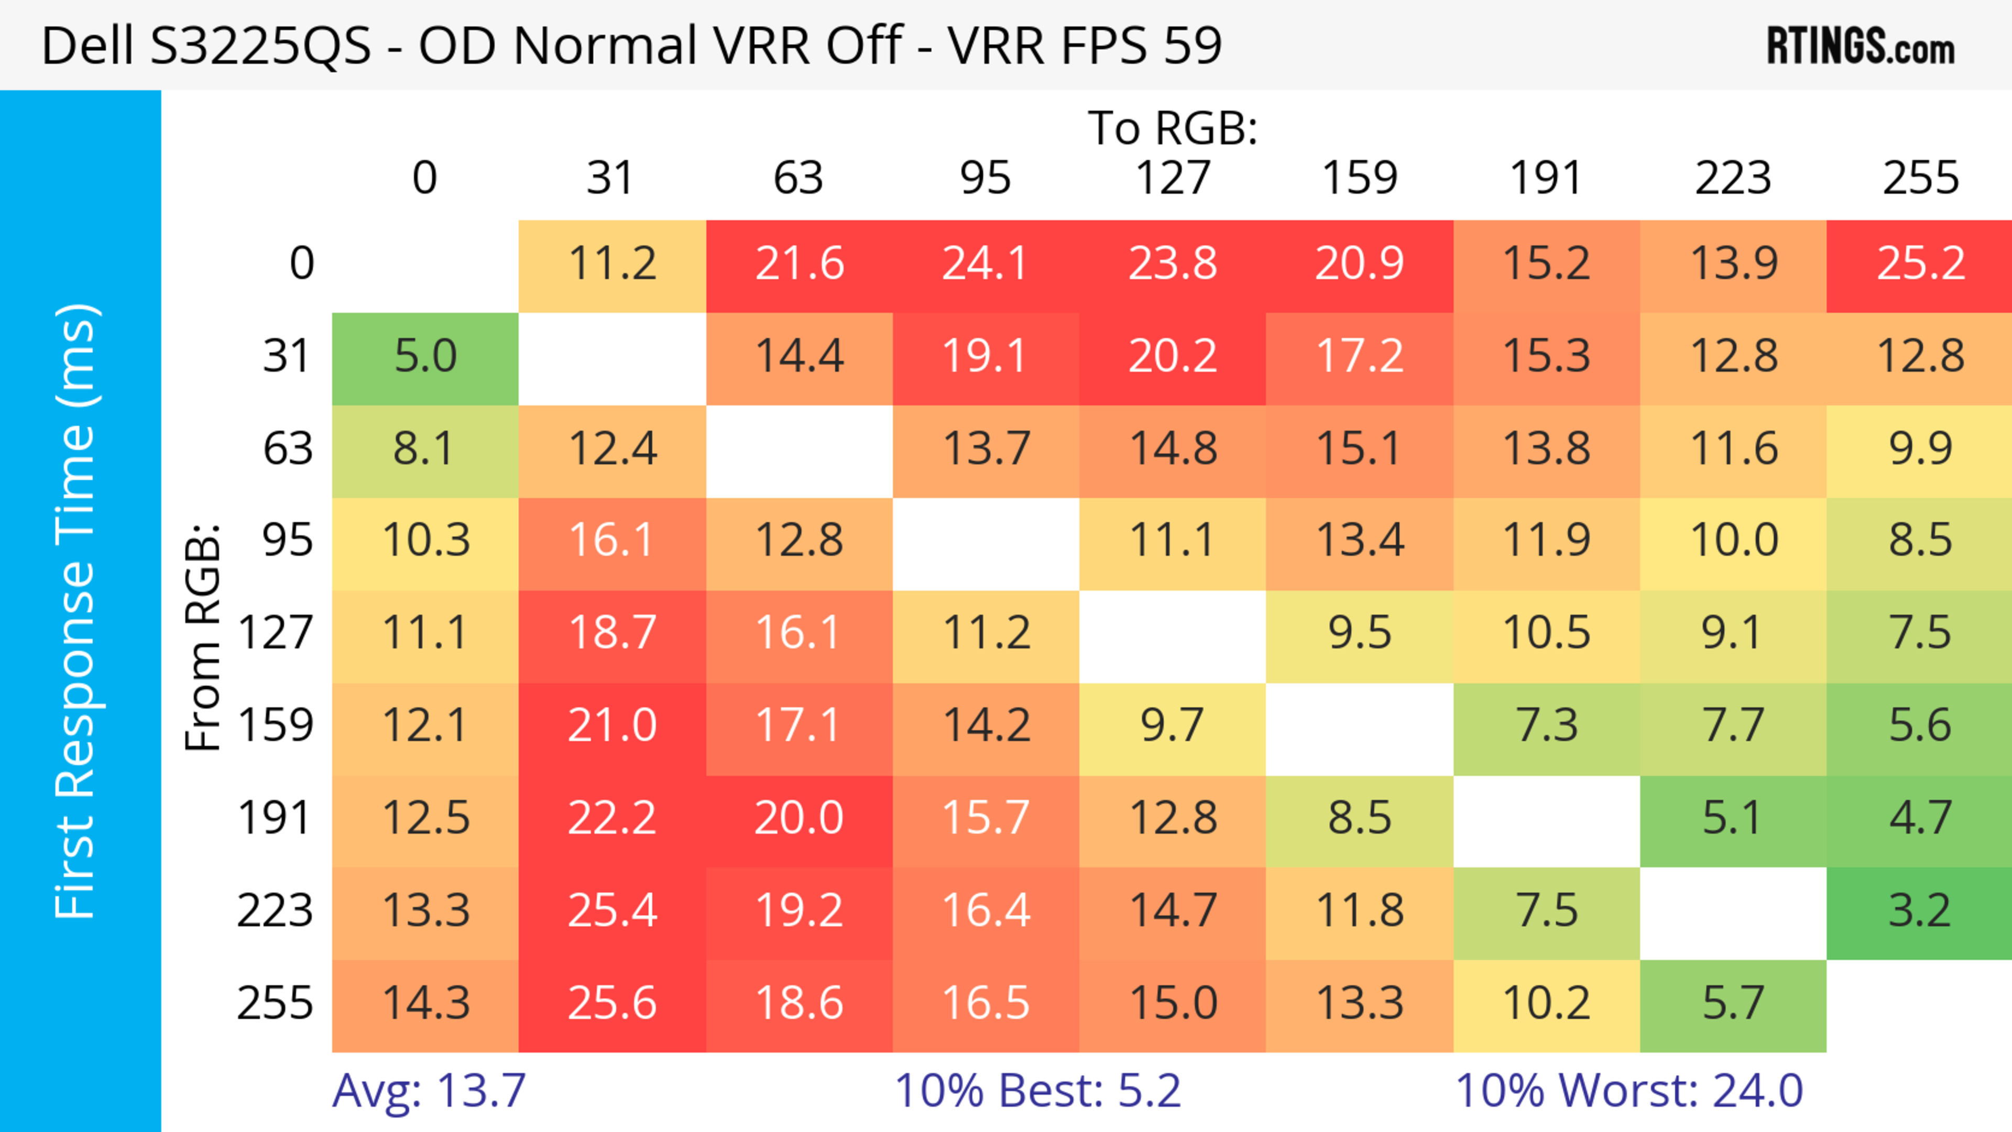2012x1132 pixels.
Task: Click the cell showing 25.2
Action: [x=1920, y=264]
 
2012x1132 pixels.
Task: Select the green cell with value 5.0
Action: [x=425, y=357]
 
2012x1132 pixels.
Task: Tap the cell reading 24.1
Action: [x=986, y=264]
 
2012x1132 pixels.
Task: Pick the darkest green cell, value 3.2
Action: [x=1920, y=911]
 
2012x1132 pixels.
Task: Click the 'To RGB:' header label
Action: [x=1173, y=128]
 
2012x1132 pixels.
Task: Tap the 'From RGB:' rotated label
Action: [x=203, y=636]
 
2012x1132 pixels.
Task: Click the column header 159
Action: [x=1359, y=178]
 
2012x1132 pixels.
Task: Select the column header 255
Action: [x=1920, y=178]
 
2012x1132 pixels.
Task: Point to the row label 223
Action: [x=275, y=911]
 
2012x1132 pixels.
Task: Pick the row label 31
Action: [x=288, y=357]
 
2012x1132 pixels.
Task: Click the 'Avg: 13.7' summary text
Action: [x=429, y=1091]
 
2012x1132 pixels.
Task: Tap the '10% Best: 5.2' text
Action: [x=1037, y=1091]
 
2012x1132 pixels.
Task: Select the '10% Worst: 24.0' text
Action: [x=1630, y=1091]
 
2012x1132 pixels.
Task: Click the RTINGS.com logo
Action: [x=1861, y=46]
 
